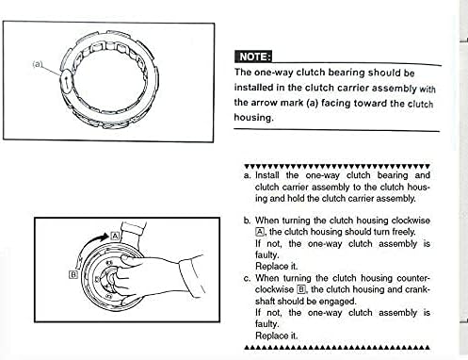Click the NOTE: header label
253,57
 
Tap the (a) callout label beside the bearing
37,64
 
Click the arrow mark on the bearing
66,82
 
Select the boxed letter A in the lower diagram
115,236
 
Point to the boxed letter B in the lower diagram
73,274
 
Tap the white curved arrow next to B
80,264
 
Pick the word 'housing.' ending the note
254,118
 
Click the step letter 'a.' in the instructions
248,176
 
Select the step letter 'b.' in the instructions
248,221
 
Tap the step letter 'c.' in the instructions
248,278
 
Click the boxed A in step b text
260,232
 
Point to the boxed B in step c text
301,289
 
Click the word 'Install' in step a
266,175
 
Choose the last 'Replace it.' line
276,335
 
